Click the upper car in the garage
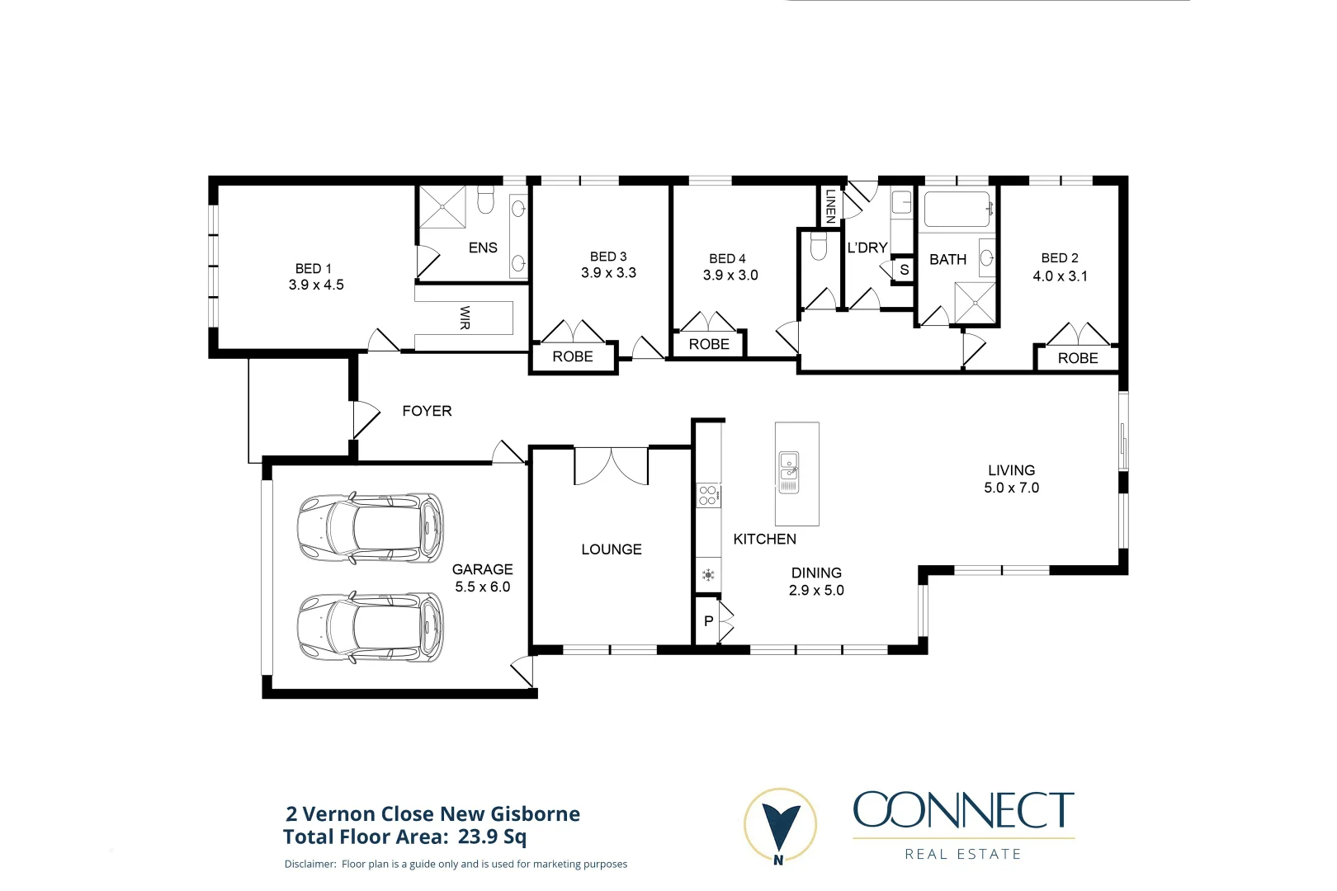pos(370,528)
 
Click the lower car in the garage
pos(370,627)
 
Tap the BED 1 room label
pos(314,269)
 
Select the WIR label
pos(465,318)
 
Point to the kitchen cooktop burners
pos(708,495)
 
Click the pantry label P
pos(708,621)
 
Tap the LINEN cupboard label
pos(830,205)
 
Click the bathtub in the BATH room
pos(957,210)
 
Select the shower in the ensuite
pos(442,206)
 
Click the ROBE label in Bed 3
pos(573,356)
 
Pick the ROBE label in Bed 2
pos(1078,358)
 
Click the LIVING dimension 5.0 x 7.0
pos(1011,488)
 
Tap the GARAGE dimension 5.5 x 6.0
pos(483,587)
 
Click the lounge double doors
pos(611,466)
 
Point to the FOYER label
pos(427,411)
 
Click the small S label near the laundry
pos(904,270)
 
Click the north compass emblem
pos(780,826)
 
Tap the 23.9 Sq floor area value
pos(492,837)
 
